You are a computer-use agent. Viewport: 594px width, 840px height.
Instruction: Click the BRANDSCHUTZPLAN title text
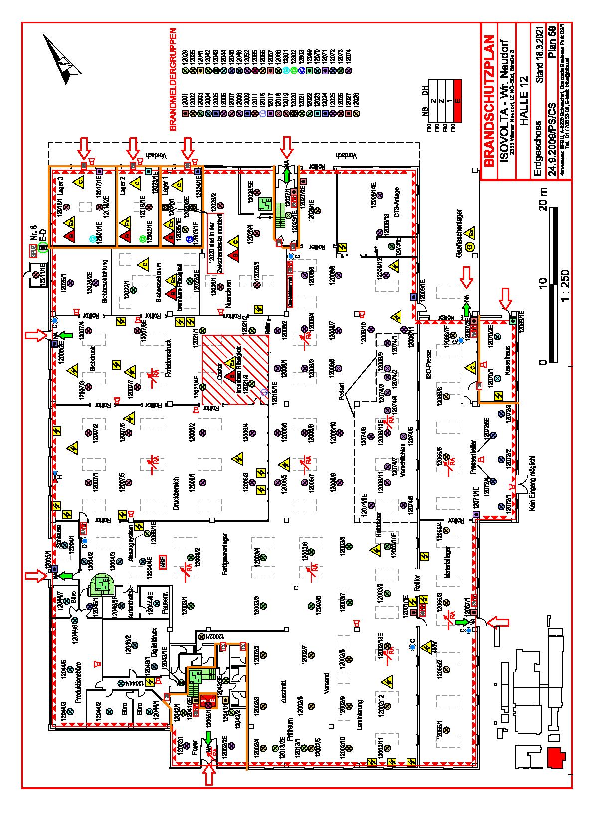point(490,99)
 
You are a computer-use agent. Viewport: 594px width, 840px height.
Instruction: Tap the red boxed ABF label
point(162,561)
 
